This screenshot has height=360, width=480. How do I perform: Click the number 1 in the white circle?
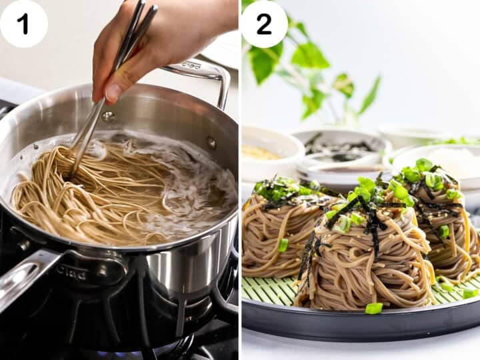pyautogui.click(x=23, y=24)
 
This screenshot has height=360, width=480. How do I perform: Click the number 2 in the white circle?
pyautogui.click(x=264, y=24)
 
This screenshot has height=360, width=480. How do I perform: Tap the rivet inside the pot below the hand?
pyautogui.click(x=107, y=117)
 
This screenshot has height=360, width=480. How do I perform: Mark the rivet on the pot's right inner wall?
pyautogui.click(x=211, y=142)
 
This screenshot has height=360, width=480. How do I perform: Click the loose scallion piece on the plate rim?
pyautogui.click(x=374, y=308)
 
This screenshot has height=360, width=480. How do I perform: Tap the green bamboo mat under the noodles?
pyautogui.click(x=267, y=290)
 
